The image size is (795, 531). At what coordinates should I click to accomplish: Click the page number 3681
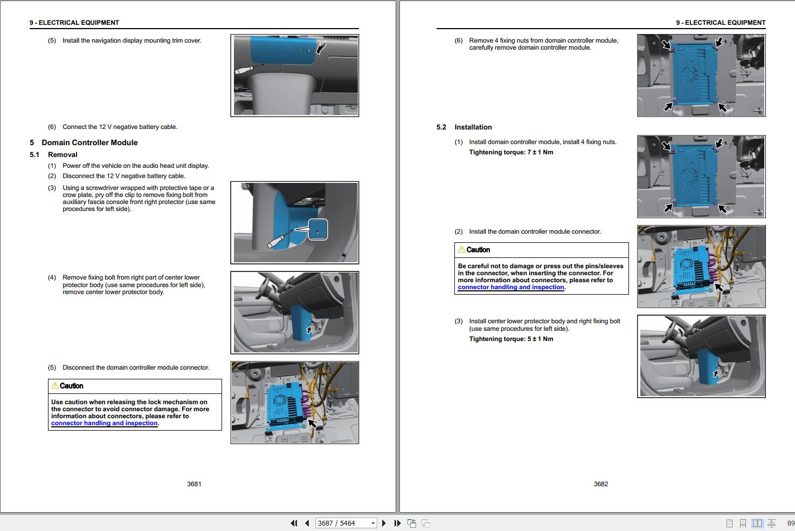click(x=194, y=484)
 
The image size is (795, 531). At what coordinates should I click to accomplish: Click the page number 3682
click(x=600, y=484)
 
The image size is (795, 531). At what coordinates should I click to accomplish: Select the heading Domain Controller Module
click(x=89, y=142)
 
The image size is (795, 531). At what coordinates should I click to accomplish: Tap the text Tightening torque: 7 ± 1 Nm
click(x=511, y=152)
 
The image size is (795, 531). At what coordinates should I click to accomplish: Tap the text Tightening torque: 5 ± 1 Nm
click(x=511, y=339)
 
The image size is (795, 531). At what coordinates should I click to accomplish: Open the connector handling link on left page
click(x=104, y=423)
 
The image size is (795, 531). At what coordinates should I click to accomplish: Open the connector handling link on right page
click(x=510, y=287)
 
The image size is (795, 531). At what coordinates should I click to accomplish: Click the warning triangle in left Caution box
click(x=54, y=385)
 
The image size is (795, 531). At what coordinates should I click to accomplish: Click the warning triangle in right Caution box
click(x=461, y=249)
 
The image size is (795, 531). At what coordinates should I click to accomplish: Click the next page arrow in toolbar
click(x=384, y=523)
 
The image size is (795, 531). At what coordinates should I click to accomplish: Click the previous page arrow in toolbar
click(x=307, y=523)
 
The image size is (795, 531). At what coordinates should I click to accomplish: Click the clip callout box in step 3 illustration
click(x=317, y=229)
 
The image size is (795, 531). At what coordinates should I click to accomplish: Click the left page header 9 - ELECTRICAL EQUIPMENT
click(x=74, y=23)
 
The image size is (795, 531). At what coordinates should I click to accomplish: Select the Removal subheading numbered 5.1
click(x=63, y=155)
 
